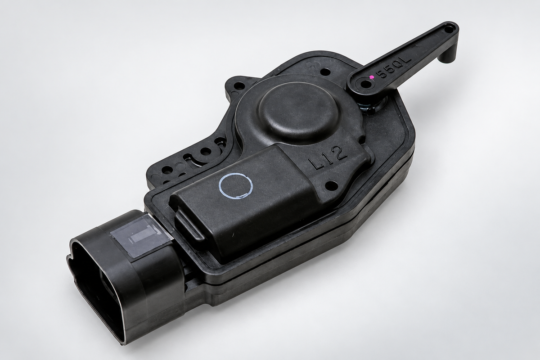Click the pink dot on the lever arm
coord(372,76)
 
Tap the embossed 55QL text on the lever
coord(395,67)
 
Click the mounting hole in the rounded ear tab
coord(240,85)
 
